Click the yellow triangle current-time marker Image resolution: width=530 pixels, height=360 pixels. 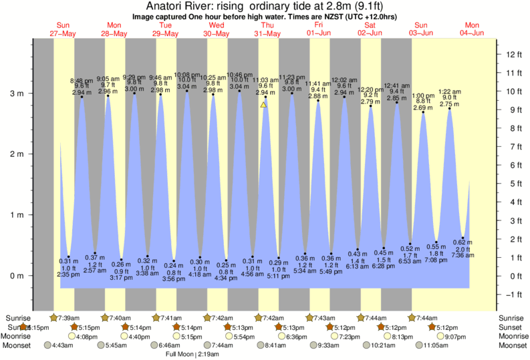(264, 104)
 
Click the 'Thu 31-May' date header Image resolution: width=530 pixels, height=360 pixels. (267, 29)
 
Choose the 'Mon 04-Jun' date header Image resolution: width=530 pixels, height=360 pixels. (473, 29)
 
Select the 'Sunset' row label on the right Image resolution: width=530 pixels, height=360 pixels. (513, 327)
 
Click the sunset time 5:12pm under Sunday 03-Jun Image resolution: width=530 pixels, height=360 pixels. (446, 327)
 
